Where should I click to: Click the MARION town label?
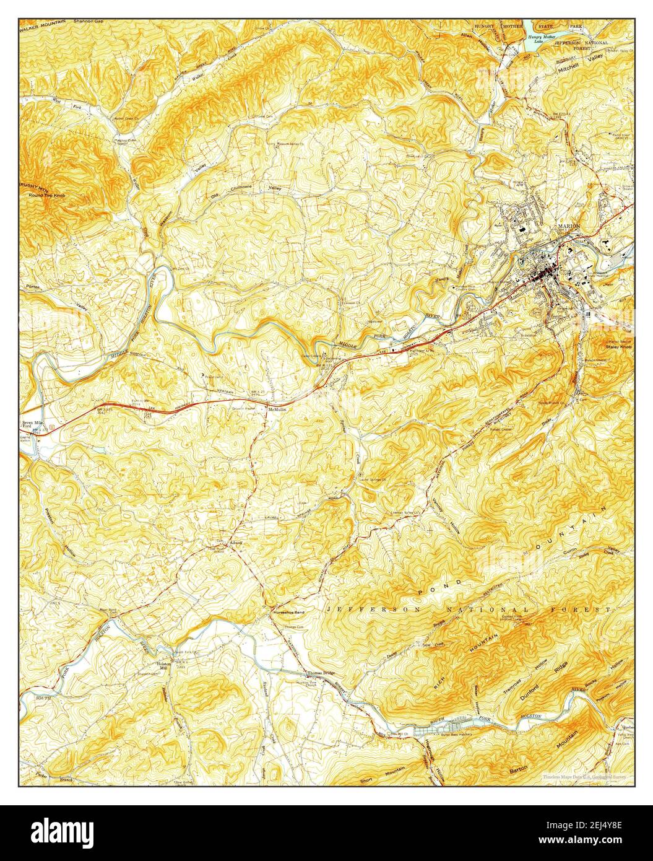point(568,226)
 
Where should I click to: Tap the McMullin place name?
point(276,409)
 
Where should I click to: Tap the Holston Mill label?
point(163,665)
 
